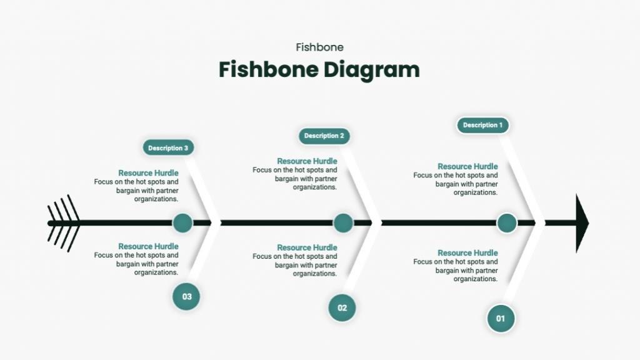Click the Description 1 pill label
483,125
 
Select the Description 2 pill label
324,136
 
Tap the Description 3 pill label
168,147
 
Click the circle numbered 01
501,318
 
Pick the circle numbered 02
342,307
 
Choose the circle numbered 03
186,296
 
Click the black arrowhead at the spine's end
582,223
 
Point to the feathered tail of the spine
64,223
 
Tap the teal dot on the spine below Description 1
507,223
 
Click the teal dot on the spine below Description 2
343,223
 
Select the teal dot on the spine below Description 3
182,223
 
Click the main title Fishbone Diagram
319,70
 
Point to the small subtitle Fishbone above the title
319,47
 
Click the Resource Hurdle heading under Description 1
467,166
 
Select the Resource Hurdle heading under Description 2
307,161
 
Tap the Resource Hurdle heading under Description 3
148,173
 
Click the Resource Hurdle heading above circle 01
467,253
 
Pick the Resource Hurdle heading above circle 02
307,247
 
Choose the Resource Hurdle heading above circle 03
148,246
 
